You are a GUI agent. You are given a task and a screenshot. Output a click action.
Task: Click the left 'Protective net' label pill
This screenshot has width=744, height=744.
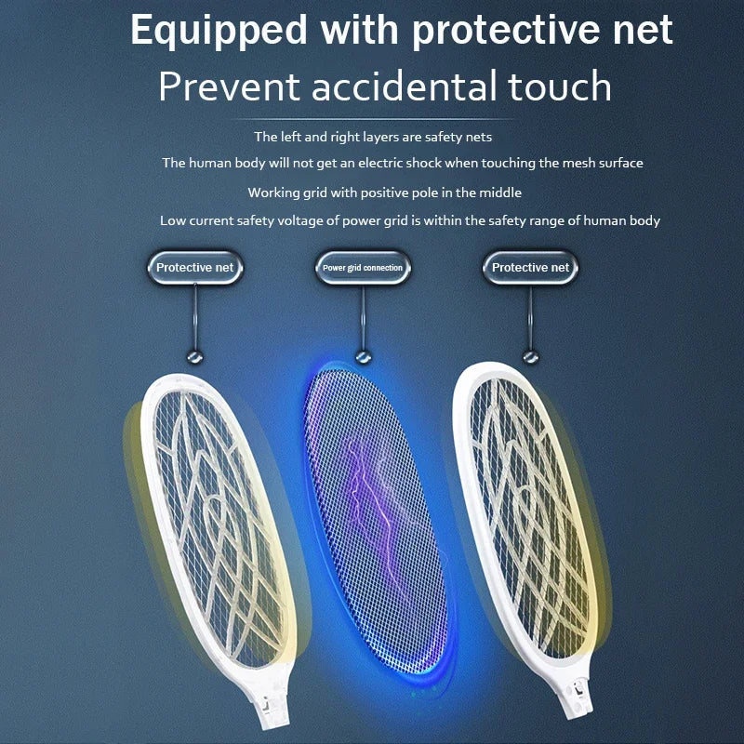point(196,268)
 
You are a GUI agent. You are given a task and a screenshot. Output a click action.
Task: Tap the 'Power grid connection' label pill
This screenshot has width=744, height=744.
point(363,268)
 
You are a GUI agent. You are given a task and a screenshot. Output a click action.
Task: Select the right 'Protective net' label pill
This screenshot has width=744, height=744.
point(530,268)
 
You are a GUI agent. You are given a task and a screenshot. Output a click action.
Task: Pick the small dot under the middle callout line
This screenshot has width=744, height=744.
point(364,357)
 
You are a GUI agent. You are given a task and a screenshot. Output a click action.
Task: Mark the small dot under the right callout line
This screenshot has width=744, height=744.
point(530,357)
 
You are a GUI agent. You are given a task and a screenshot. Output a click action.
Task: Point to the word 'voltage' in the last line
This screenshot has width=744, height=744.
point(345,220)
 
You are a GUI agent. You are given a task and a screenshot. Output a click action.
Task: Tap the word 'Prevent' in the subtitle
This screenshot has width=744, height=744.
point(230,86)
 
